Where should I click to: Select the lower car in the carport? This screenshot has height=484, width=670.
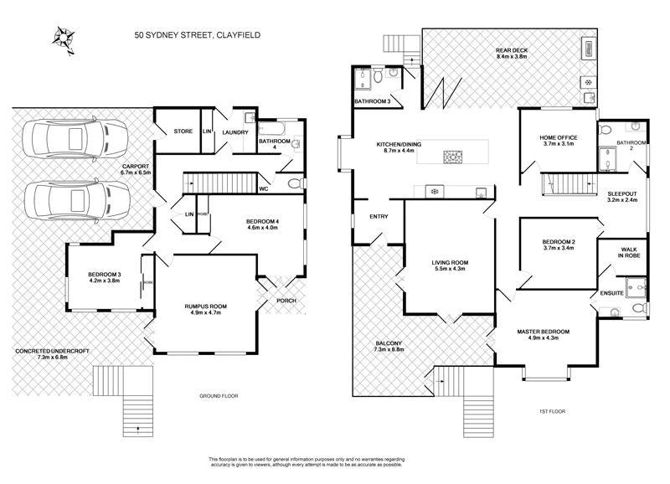tap(76, 200)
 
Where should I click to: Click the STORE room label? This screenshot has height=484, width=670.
tap(183, 131)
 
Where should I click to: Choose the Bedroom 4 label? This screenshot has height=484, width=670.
tap(262, 222)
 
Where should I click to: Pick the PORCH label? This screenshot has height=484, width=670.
tap(286, 301)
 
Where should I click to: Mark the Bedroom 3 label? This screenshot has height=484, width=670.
tap(104, 275)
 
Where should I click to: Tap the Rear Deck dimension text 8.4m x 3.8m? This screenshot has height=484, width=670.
tap(514, 56)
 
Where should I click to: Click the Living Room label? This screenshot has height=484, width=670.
tap(450, 263)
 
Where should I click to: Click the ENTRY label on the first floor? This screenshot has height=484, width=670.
tap(379, 217)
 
